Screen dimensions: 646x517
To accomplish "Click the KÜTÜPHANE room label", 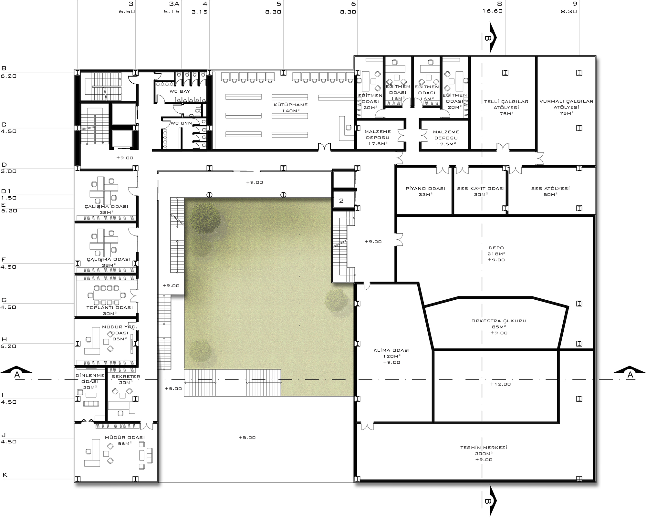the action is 291,105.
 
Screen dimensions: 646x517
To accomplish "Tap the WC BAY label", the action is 180,91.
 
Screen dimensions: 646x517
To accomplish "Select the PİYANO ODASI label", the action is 425,189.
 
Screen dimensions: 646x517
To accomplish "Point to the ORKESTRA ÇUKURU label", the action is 499,321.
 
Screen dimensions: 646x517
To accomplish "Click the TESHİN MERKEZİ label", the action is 484,448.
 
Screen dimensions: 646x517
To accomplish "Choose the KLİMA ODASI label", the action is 391,350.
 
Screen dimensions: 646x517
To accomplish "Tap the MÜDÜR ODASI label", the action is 125,438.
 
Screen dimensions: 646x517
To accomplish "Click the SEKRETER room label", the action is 126,377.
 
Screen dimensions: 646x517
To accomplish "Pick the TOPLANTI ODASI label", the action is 109,308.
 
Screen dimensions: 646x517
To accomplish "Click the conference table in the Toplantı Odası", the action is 107,295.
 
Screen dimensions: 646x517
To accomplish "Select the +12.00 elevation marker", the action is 500,384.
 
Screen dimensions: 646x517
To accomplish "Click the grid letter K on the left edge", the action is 5,475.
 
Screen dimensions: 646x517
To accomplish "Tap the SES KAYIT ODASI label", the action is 481,189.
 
